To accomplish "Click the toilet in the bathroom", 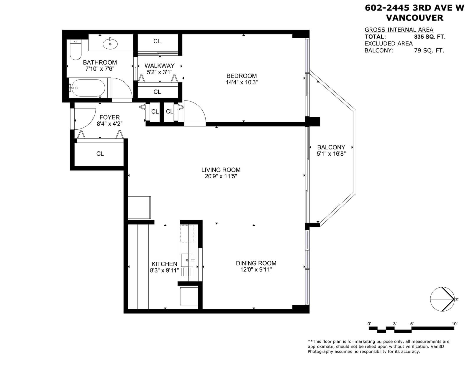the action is (x=76, y=50).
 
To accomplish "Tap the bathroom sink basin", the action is (x=110, y=44).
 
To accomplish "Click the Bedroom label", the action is (x=242, y=76).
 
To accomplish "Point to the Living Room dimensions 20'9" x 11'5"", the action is (x=221, y=176).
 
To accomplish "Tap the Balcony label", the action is (x=331, y=147).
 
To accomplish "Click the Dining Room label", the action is (x=256, y=263).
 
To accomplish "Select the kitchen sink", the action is (x=187, y=260).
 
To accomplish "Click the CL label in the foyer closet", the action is (x=100, y=154).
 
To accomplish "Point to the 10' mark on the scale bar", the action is (x=455, y=324).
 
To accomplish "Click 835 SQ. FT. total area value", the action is (x=430, y=37).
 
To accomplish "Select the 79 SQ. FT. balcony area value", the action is (x=429, y=51).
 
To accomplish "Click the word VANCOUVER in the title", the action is (x=414, y=18).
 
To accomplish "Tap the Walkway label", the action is (x=160, y=66).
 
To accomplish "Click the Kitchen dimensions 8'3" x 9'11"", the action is (x=164, y=270).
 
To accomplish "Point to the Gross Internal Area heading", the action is (x=399, y=29).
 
